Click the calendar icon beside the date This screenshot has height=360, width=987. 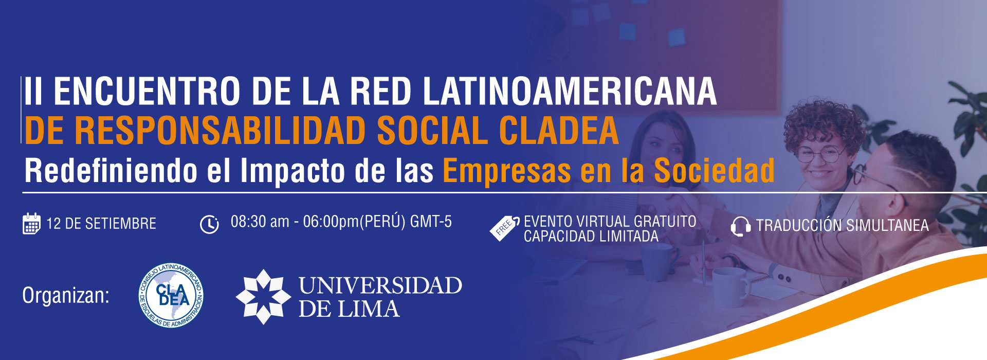pyautogui.click(x=31, y=223)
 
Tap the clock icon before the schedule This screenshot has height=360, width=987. pyautogui.click(x=209, y=224)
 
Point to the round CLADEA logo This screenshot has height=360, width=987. pyautogui.click(x=171, y=296)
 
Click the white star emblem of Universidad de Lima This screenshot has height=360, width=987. pyautogui.click(x=263, y=297)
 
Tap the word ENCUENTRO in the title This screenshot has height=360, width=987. pyautogui.click(x=147, y=92)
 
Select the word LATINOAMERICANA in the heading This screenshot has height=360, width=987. pyautogui.click(x=570, y=92)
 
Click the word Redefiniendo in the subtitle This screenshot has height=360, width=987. pyautogui.click(x=111, y=170)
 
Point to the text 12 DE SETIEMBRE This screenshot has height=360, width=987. pyautogui.click(x=101, y=224)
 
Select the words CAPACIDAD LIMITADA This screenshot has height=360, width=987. pyautogui.click(x=591, y=237)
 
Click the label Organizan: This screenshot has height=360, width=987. pyautogui.click(x=66, y=296)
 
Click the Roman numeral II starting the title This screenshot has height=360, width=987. pyautogui.click(x=33, y=92)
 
